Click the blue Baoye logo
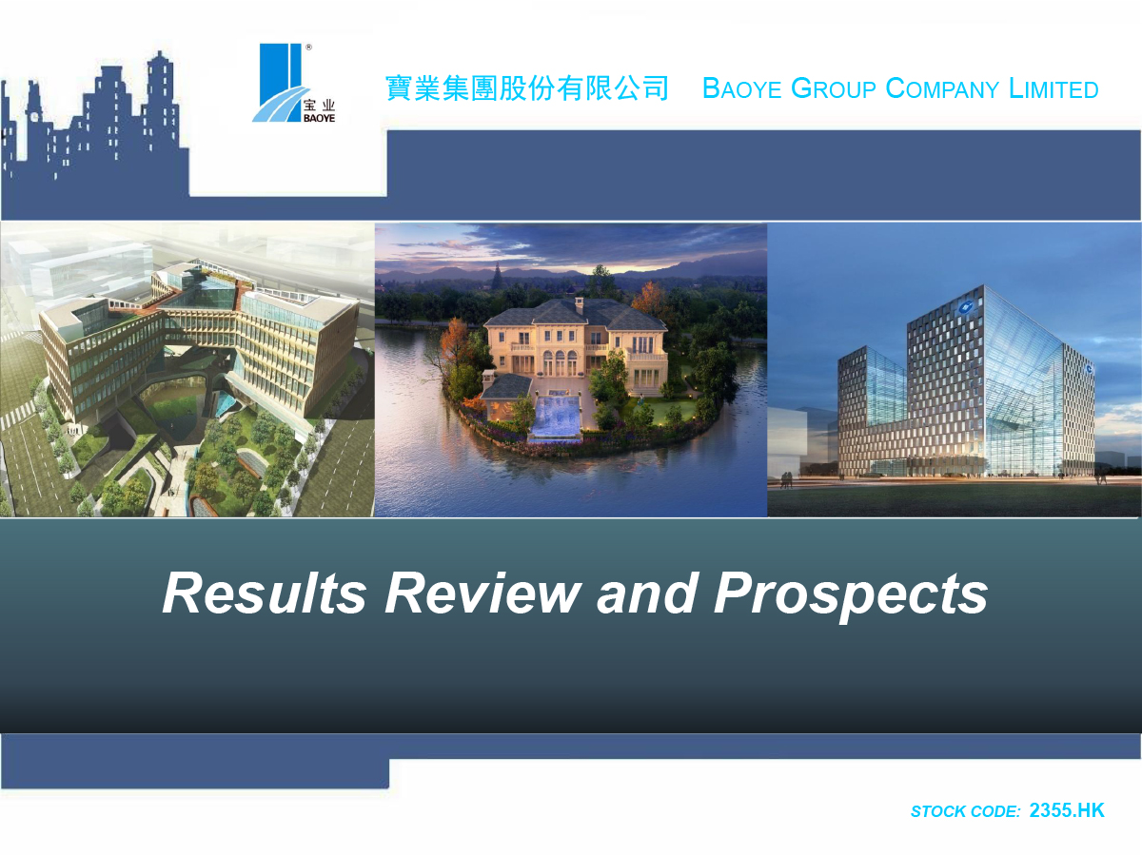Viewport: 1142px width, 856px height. pyautogui.click(x=294, y=83)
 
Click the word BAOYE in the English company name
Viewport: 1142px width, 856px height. pyautogui.click(x=741, y=88)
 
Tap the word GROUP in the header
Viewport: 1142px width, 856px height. pyautogui.click(x=834, y=88)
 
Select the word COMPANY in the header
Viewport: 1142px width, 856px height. pyautogui.click(x=942, y=88)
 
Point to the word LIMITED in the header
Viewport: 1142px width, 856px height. pyautogui.click(x=1053, y=88)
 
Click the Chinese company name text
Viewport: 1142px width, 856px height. pyautogui.click(x=526, y=88)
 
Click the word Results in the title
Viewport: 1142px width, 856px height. pyautogui.click(x=265, y=593)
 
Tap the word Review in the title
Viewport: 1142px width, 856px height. pyautogui.click(x=482, y=593)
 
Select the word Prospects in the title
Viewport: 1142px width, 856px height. pyautogui.click(x=851, y=595)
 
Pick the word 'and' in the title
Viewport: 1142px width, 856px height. pyautogui.click(x=647, y=593)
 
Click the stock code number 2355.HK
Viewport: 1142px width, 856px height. pyautogui.click(x=1067, y=810)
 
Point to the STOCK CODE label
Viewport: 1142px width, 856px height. pyautogui.click(x=966, y=811)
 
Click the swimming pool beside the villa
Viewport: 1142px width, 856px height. pyautogui.click(x=555, y=416)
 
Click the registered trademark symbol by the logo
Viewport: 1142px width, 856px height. pyautogui.click(x=308, y=48)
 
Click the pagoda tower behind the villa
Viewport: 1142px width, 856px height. pyautogui.click(x=498, y=276)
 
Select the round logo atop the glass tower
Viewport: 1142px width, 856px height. pyautogui.click(x=966, y=307)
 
